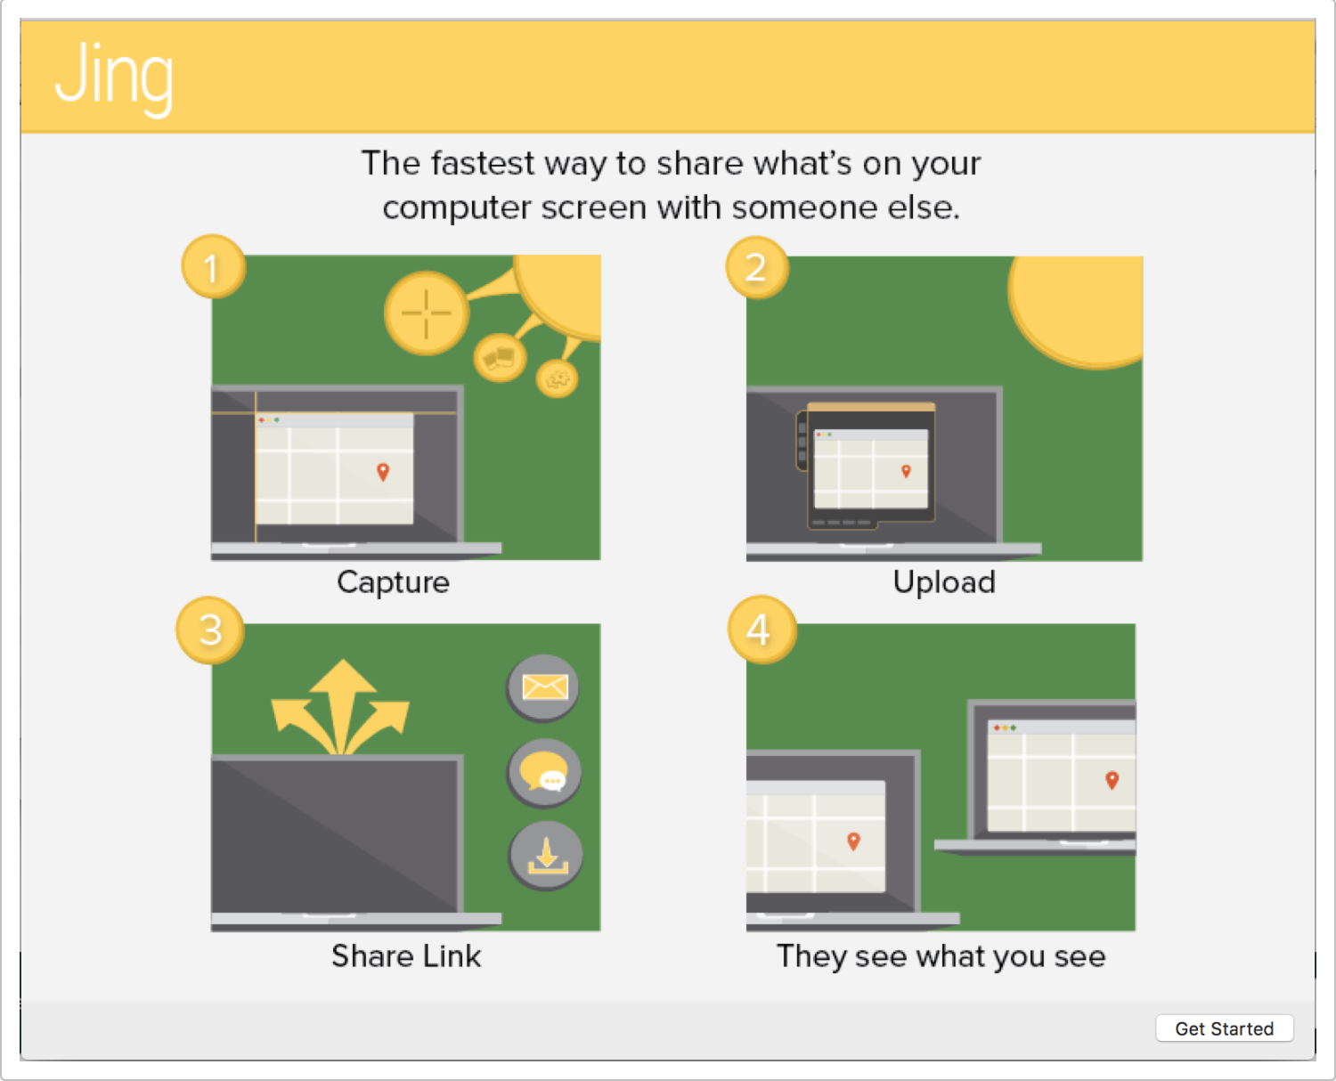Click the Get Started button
click(x=1224, y=1028)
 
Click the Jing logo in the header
click(x=114, y=77)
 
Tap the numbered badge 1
click(x=213, y=267)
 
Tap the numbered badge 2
click(x=757, y=268)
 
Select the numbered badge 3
click(x=210, y=630)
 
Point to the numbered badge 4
click(x=762, y=629)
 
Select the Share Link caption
click(x=406, y=956)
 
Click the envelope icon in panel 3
click(x=543, y=687)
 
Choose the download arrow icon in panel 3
click(x=546, y=856)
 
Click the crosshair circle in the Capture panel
click(x=427, y=313)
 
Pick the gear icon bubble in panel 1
click(x=557, y=378)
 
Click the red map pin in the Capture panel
click(x=383, y=472)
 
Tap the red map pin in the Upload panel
click(x=906, y=471)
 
